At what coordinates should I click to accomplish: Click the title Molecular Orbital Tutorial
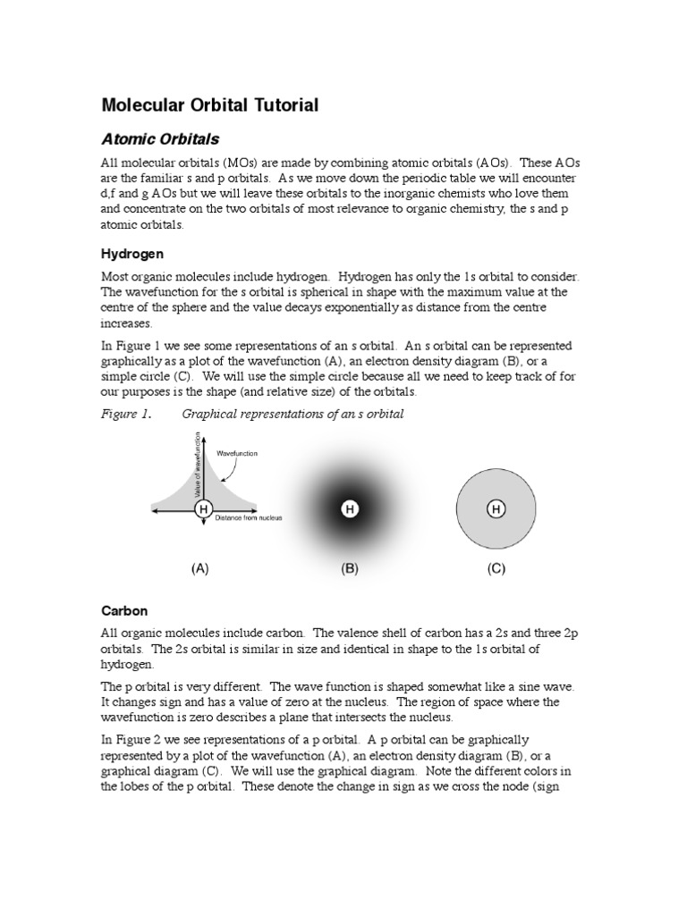point(209,105)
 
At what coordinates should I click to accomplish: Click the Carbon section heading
point(123,611)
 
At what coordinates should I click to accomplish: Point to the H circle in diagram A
point(203,509)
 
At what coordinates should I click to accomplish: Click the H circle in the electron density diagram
point(350,509)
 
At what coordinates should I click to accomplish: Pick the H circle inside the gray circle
point(496,509)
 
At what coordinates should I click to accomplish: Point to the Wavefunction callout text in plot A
point(237,454)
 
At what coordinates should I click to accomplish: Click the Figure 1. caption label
point(126,414)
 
